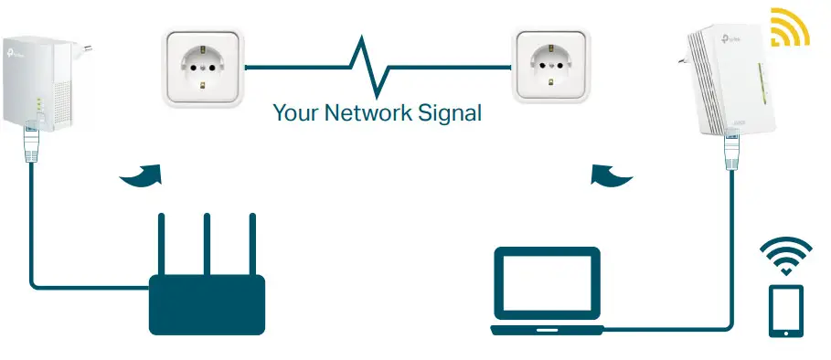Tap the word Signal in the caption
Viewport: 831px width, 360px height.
[x=449, y=114]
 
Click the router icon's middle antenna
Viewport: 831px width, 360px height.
[x=207, y=244]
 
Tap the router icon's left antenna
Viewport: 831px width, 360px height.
[x=162, y=244]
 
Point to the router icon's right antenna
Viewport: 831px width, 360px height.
[x=252, y=244]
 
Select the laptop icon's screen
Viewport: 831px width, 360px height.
[x=547, y=285]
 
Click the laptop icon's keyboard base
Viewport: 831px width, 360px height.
[x=547, y=329]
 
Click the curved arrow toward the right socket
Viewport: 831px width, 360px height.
[x=612, y=175]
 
